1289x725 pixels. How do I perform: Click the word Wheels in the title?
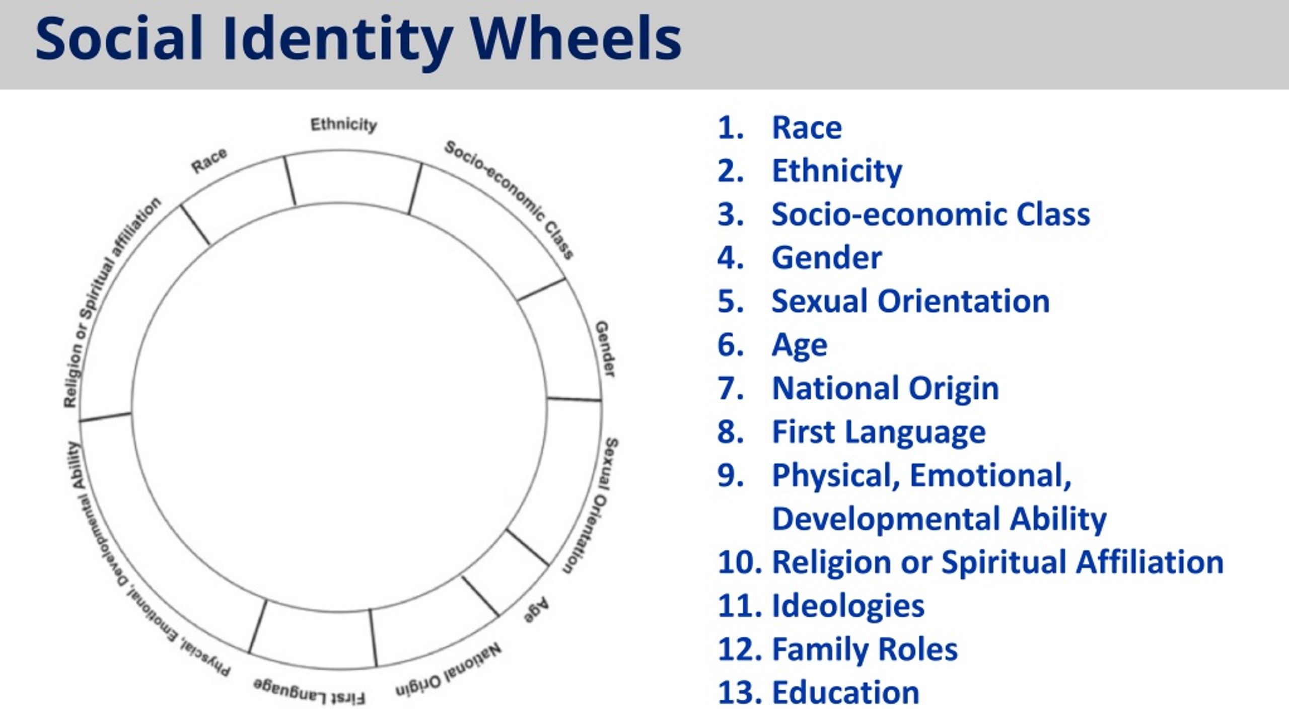click(576, 39)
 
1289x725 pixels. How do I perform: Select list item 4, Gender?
click(827, 258)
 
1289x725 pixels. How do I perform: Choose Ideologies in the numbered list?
click(848, 606)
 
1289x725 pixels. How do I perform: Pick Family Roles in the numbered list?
click(865, 649)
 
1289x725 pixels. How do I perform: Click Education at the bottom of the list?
click(846, 692)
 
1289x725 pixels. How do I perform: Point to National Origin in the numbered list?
click(886, 389)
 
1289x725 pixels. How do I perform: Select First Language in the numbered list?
click(879, 432)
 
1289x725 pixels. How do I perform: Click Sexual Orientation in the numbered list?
click(911, 301)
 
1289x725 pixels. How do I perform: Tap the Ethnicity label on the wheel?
click(344, 124)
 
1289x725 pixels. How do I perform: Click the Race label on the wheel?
click(209, 161)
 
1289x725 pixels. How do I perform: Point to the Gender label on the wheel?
click(605, 349)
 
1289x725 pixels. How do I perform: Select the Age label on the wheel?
click(536, 610)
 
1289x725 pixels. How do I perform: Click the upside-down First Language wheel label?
click(309, 691)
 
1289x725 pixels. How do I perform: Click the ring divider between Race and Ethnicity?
click(290, 181)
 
